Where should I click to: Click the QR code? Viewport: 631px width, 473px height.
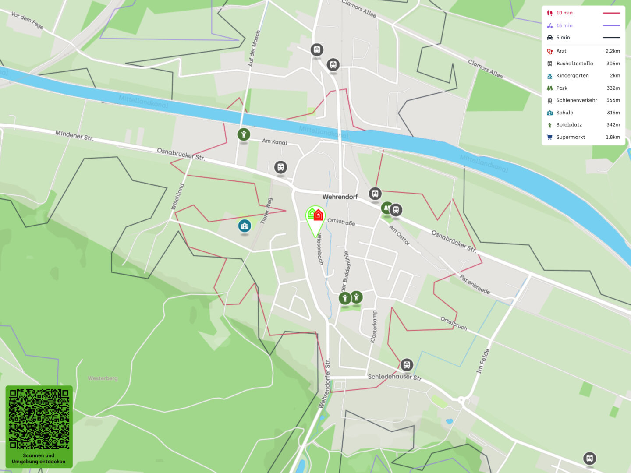(x=39, y=419)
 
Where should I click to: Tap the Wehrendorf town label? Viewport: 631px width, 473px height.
(x=340, y=197)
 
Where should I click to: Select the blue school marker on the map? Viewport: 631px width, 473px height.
(x=245, y=226)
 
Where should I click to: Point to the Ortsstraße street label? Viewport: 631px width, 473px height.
(x=341, y=222)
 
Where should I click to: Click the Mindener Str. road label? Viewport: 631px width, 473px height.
(x=74, y=135)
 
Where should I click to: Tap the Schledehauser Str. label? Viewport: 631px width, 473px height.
(x=395, y=377)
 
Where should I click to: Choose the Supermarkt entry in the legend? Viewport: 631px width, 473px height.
(x=571, y=137)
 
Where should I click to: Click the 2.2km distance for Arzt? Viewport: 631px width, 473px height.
(x=613, y=51)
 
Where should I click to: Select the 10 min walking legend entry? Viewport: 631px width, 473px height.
(x=564, y=13)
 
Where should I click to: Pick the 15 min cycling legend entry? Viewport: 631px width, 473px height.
(x=564, y=25)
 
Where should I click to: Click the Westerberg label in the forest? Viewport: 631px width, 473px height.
(x=103, y=378)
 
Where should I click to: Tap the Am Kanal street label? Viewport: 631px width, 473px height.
(x=275, y=141)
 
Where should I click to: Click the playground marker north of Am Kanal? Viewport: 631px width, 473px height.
(x=244, y=134)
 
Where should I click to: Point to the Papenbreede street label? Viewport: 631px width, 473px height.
(x=475, y=284)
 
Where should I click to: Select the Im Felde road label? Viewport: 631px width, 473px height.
(x=482, y=361)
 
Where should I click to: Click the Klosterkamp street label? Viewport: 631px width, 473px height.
(x=373, y=327)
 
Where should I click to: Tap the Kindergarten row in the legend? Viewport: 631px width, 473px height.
(x=572, y=76)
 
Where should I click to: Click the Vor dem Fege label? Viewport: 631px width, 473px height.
(x=27, y=20)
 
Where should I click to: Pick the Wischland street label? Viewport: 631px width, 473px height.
(x=177, y=196)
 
